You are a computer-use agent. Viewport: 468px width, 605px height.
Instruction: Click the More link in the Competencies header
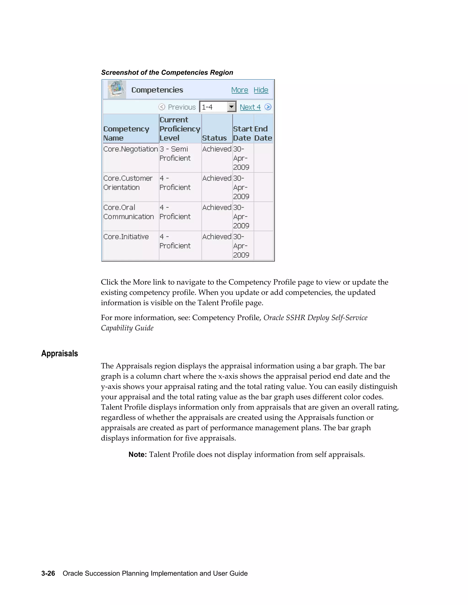pyautogui.click(x=239, y=90)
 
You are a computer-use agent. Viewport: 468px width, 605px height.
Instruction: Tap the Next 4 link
pyautogui.click(x=250, y=107)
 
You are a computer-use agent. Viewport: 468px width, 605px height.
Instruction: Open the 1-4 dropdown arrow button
pyautogui.click(x=231, y=107)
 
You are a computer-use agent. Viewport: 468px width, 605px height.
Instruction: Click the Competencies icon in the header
pyautogui.click(x=117, y=89)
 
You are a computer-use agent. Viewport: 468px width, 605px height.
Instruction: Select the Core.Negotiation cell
pyautogui.click(x=130, y=149)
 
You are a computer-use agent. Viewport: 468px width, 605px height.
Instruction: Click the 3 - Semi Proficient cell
pyautogui.click(x=175, y=154)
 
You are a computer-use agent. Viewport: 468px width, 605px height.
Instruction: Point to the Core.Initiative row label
pyautogui.click(x=126, y=237)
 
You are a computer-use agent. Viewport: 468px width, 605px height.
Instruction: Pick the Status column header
pyautogui.click(x=214, y=138)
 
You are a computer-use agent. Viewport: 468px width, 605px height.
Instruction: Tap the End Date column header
pyautogui.click(x=263, y=133)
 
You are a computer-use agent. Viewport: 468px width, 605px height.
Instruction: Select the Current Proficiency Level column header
pyautogui.click(x=179, y=129)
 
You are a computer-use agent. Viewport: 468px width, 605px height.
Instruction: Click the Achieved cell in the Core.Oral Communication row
pyautogui.click(x=217, y=208)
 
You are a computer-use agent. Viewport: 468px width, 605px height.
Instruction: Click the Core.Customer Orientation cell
pyautogui.click(x=128, y=183)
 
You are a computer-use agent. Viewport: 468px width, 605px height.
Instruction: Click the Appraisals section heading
pyautogui.click(x=60, y=353)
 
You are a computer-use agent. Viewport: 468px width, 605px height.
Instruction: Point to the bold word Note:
pyautogui.click(x=138, y=455)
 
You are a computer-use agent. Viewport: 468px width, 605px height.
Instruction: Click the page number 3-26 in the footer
pyautogui.click(x=48, y=573)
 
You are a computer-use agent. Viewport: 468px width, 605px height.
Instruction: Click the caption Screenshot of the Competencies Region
pyautogui.click(x=167, y=73)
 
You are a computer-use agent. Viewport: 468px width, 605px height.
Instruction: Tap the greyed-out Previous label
pyautogui.click(x=182, y=107)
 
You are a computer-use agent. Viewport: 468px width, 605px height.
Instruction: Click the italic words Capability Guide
pyautogui.click(x=127, y=328)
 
